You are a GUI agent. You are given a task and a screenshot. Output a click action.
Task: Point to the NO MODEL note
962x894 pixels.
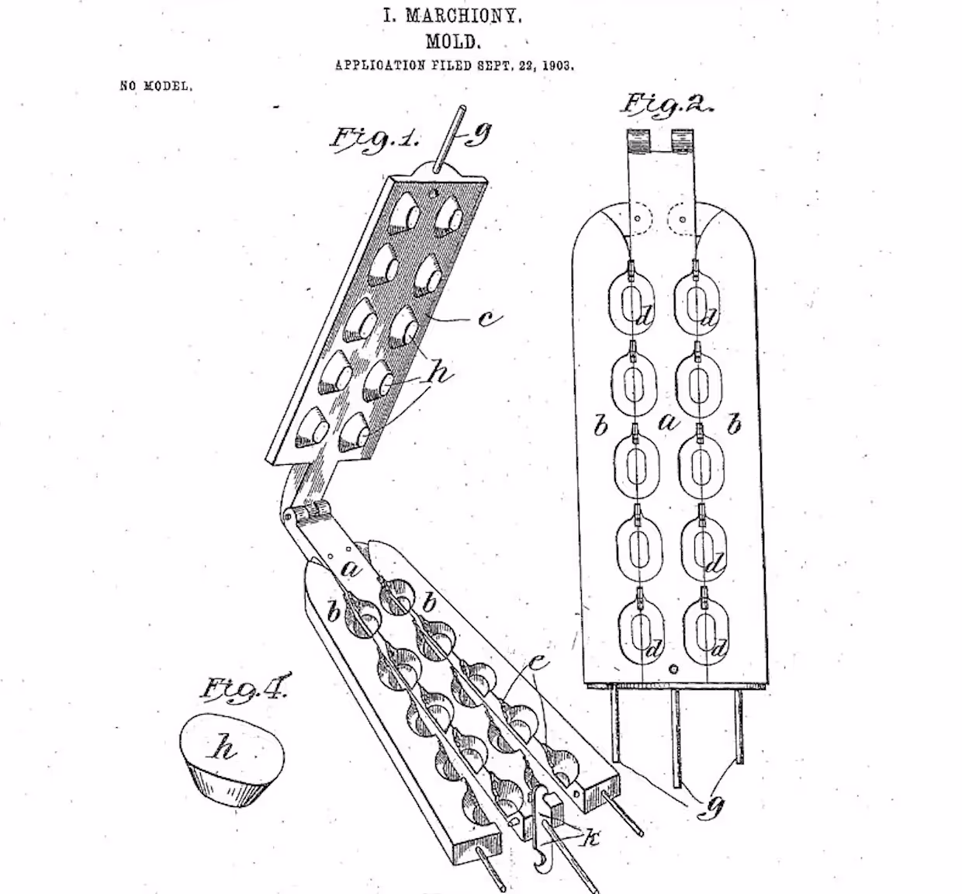pyautogui.click(x=156, y=86)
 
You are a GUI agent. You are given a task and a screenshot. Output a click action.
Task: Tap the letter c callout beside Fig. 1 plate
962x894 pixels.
pyautogui.click(x=488, y=318)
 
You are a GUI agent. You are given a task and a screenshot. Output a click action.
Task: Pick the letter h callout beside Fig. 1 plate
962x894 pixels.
pyautogui.click(x=440, y=373)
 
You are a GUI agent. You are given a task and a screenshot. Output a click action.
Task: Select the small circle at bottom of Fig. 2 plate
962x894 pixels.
pyautogui.click(x=673, y=668)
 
